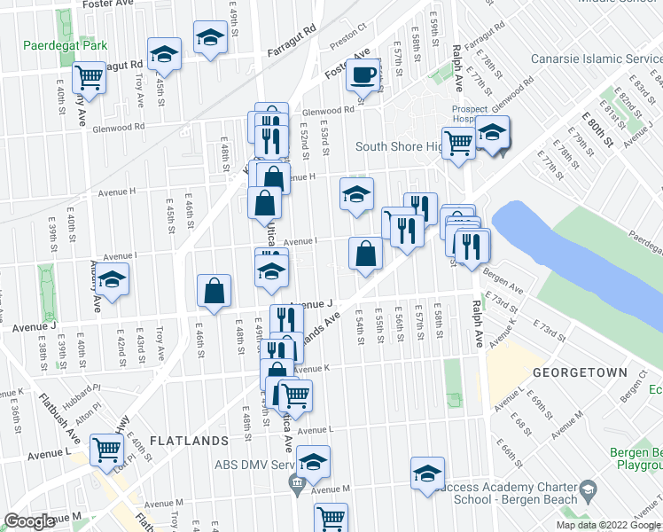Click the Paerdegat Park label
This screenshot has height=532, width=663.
65,45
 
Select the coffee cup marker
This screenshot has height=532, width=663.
363,75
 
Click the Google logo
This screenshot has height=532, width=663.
29,522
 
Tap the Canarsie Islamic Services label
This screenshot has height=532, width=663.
596,59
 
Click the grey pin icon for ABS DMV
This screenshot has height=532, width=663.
296,482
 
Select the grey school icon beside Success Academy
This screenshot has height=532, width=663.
587,489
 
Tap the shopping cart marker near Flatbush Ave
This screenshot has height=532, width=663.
107,450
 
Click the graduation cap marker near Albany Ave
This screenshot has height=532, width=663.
112,279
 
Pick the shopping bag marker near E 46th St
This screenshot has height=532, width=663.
214,290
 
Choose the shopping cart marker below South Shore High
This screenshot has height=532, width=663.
459,141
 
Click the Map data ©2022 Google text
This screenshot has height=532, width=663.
607,525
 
